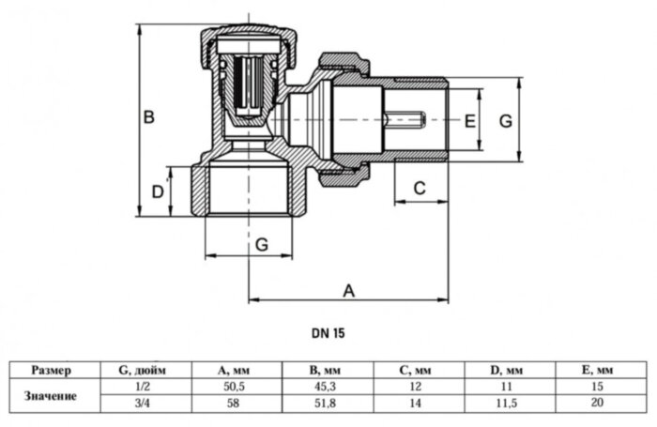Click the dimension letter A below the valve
348,290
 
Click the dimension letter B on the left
148,118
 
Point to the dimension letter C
420,188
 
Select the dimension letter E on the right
471,122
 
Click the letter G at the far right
505,122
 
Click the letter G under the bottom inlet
262,243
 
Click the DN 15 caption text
328,331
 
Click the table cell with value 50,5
236,386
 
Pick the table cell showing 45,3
328,386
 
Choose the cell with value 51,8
328,404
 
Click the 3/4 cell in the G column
144,404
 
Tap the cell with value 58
236,404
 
